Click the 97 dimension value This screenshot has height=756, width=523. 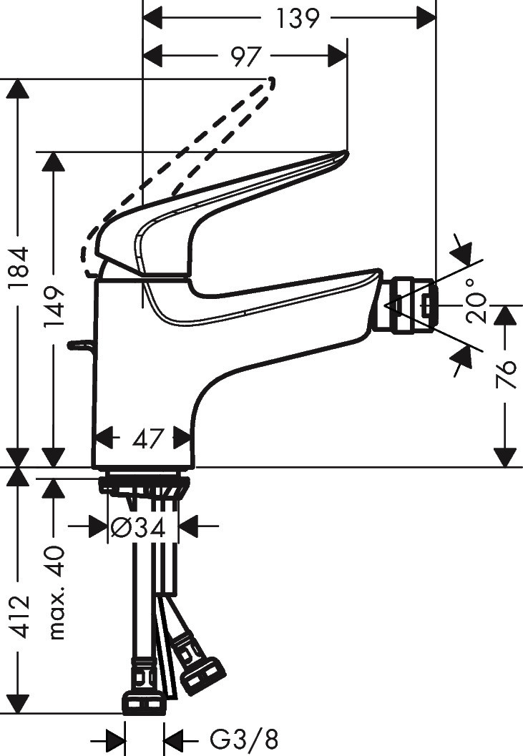(x=245, y=56)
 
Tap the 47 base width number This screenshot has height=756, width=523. (x=149, y=438)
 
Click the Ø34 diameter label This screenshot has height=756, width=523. (x=140, y=528)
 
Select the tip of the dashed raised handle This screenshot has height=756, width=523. (x=270, y=82)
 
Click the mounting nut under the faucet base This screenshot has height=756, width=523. (x=143, y=483)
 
